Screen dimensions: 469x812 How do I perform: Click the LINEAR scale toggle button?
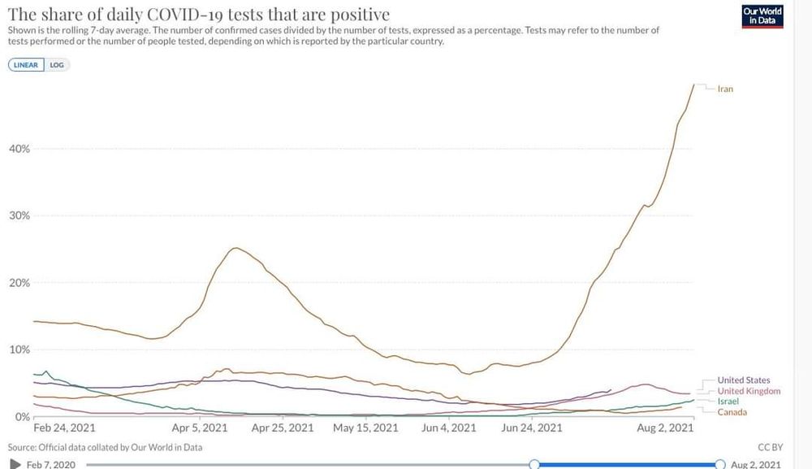26,65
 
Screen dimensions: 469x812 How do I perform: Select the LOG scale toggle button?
57,65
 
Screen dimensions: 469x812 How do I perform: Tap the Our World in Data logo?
762,16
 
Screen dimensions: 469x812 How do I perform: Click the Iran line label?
725,89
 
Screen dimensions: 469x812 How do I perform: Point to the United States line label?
744,380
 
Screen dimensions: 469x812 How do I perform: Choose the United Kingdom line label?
749,391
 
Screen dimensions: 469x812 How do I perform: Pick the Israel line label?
728,402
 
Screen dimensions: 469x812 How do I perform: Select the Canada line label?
732,412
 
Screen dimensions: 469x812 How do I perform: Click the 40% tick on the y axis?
19,149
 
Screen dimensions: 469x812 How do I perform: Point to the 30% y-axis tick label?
19,215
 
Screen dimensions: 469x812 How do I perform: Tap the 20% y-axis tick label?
19,283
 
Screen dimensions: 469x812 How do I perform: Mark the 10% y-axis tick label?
19,350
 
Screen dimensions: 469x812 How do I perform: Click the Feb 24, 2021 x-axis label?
66,428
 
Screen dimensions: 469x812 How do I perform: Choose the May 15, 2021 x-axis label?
365,428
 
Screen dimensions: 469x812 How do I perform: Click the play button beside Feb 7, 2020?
15,464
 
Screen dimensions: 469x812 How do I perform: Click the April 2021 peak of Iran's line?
235,248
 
